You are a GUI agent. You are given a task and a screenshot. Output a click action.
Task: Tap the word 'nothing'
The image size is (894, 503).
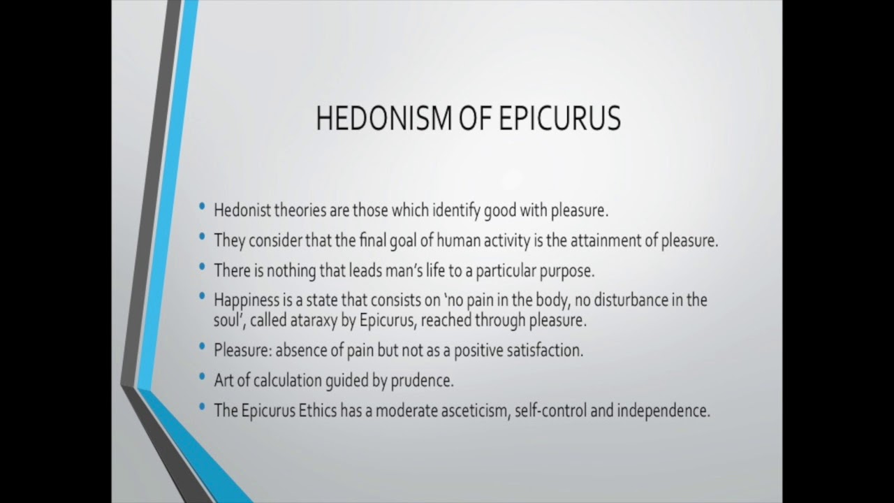(x=286, y=270)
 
